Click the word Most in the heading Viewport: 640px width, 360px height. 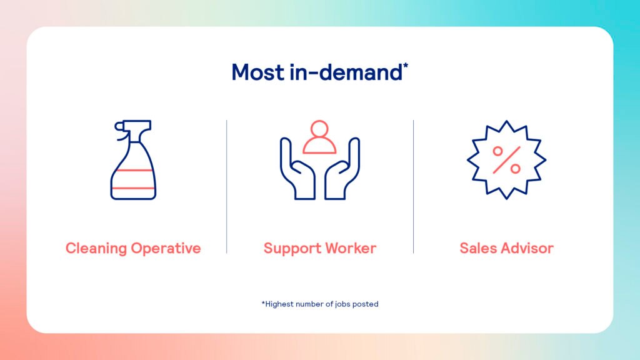(x=258, y=72)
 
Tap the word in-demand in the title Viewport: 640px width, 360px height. (x=346, y=72)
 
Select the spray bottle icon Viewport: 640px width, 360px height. (x=133, y=159)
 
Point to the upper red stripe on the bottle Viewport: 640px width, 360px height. (x=133, y=170)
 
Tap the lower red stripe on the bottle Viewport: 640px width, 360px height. (x=133, y=188)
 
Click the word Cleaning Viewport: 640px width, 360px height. (x=96, y=249)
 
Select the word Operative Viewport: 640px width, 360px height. (x=166, y=249)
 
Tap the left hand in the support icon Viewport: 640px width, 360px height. (x=297, y=168)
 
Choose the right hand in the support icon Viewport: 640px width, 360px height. (x=342, y=168)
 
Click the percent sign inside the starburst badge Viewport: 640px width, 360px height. (x=506, y=160)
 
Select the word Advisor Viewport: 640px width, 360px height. (x=527, y=248)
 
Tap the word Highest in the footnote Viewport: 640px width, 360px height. (x=279, y=304)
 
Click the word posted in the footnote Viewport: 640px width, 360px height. (x=365, y=304)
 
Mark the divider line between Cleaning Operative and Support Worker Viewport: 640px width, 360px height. (x=226, y=186)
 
